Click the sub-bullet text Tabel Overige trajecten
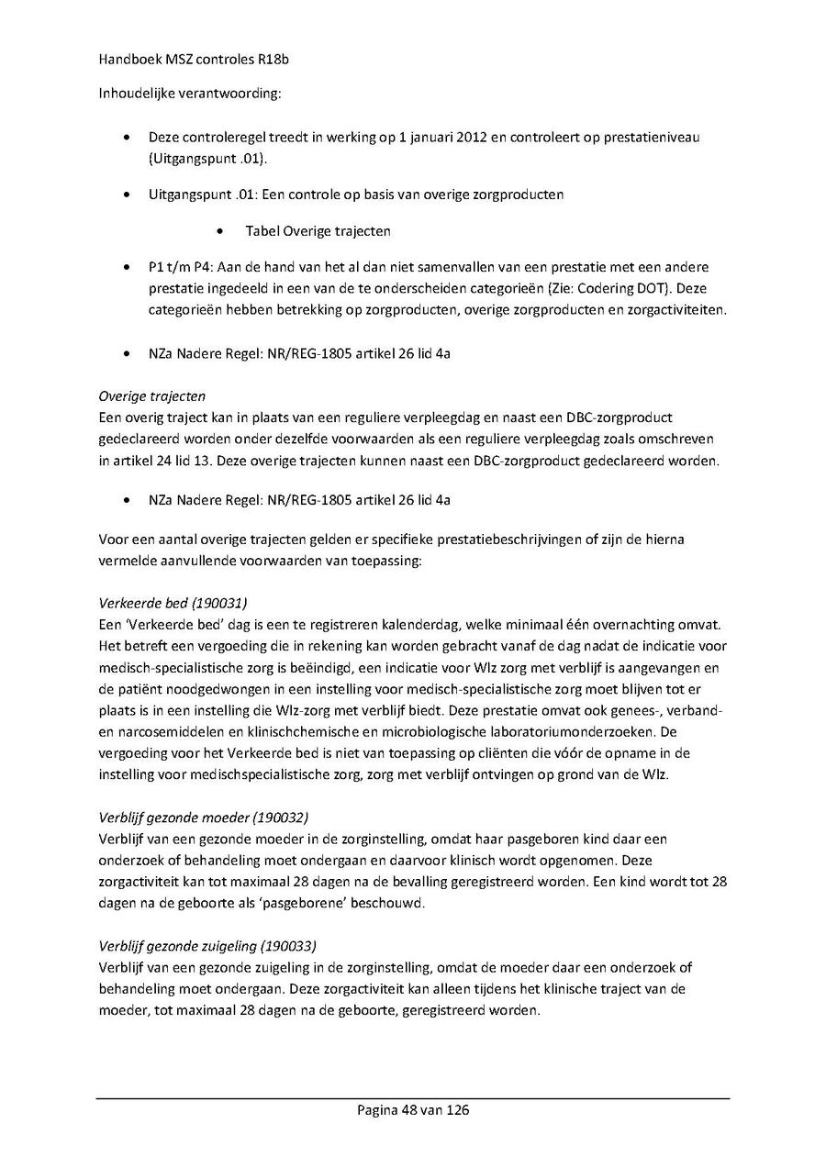coord(311,231)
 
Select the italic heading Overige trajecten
coord(151,396)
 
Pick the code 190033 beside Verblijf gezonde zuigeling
coord(288,945)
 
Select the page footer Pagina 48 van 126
coord(413,1110)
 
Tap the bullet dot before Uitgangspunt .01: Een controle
coord(126,195)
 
